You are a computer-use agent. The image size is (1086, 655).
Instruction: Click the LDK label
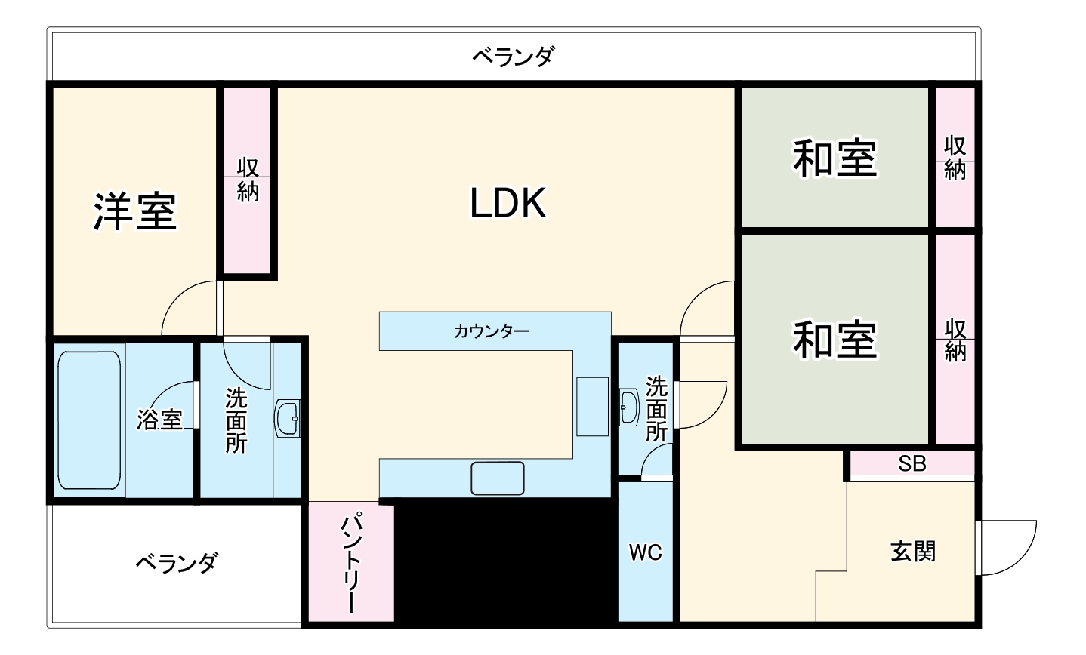[508, 202]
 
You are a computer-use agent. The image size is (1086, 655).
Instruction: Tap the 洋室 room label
[134, 211]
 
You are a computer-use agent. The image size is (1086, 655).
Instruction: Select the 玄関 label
[913, 552]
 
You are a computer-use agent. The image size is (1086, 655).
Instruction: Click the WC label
[646, 553]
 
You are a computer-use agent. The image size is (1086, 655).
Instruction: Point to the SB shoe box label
[912, 463]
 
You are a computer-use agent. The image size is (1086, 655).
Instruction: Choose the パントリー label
[350, 562]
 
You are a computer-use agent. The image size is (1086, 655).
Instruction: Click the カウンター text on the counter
[492, 331]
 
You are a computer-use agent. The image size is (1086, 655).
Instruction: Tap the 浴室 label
[160, 420]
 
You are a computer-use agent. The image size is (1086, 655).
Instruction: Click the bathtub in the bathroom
[90, 419]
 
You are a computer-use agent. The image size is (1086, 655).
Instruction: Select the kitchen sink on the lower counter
[497, 478]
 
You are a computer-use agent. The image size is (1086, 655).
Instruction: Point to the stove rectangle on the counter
[592, 406]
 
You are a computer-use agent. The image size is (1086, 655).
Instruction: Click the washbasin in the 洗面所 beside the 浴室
[288, 417]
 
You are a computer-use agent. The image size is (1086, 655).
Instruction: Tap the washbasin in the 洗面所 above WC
[628, 407]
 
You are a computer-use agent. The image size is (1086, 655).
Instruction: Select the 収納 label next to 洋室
[248, 180]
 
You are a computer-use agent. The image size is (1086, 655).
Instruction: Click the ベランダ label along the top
[514, 56]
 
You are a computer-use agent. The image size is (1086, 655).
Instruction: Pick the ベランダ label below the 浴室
[176, 562]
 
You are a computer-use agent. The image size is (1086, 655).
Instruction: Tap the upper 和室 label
[835, 158]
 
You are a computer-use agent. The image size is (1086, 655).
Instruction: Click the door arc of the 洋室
[187, 306]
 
